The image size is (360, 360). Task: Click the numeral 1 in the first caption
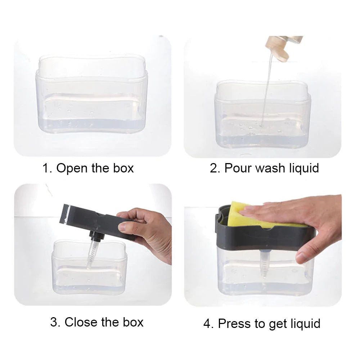coord(45,168)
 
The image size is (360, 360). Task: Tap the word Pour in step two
coord(238,168)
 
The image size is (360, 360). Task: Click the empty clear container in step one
coord(92,97)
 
